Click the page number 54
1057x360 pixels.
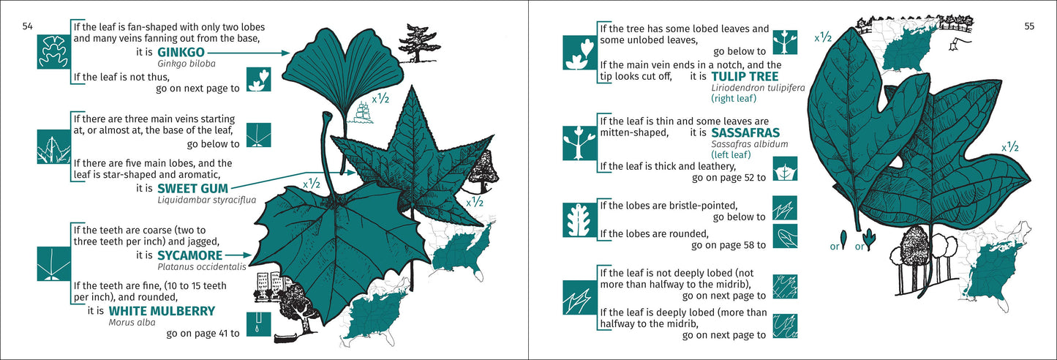tap(27, 26)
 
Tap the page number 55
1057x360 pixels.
tap(1028, 26)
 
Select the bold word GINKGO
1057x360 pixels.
tap(181, 53)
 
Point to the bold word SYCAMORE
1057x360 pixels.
tap(189, 255)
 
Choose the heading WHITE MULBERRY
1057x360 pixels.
tap(162, 311)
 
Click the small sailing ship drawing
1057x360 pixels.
tap(363, 111)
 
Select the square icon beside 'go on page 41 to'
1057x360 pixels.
tap(259, 324)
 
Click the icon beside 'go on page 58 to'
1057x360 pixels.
tap(785, 236)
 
